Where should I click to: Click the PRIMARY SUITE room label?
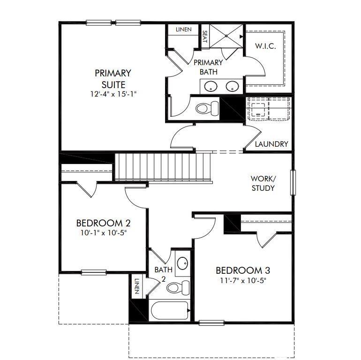pos(113,79)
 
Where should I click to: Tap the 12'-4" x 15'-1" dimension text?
pos(113,94)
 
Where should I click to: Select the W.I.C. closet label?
pos(265,46)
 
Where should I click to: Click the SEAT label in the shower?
pos(205,37)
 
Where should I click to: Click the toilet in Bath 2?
pos(178,287)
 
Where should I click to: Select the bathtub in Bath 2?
pos(170,310)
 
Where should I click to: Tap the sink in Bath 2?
pos(183,263)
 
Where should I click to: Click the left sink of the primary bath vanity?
pos(211,87)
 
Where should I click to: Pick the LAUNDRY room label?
pos(271,144)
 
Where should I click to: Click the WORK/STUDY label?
pos(263,183)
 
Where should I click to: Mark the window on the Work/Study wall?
pos(293,182)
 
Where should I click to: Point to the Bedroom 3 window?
pos(211,322)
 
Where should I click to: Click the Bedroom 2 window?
pos(94,272)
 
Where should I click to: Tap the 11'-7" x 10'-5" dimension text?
pos(243,281)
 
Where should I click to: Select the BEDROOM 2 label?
pos(103,223)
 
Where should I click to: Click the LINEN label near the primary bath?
pos(183,30)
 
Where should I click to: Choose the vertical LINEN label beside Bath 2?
pos(137,286)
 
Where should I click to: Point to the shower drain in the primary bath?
pos(226,36)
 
